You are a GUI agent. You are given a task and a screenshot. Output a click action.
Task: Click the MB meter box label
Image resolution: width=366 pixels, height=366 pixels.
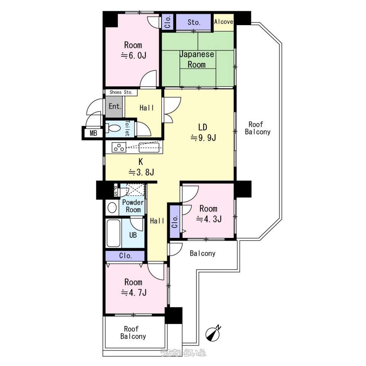click(x=93, y=133)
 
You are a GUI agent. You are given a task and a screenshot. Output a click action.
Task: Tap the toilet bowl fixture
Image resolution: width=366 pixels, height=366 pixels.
click(x=113, y=128)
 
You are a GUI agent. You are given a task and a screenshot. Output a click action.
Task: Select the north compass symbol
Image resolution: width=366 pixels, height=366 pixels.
click(x=213, y=334)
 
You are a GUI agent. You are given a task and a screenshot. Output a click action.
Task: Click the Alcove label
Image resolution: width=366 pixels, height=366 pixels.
click(x=224, y=22)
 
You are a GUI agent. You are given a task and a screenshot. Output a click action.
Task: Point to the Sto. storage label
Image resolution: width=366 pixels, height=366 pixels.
click(x=194, y=22)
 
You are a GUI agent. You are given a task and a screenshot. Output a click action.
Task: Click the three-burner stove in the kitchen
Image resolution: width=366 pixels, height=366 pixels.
click(x=119, y=148)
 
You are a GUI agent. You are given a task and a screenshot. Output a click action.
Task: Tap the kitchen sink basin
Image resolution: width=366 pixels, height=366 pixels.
click(x=149, y=148)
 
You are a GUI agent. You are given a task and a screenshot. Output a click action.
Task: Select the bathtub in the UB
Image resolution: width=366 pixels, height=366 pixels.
click(x=114, y=233)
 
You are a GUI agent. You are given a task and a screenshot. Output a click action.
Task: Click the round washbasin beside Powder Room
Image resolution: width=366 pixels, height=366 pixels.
click(x=112, y=208)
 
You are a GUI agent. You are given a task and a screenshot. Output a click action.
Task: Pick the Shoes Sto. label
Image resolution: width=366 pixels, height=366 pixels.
click(x=121, y=92)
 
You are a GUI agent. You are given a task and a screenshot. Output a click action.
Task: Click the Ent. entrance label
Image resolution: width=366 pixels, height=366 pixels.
click(x=115, y=106)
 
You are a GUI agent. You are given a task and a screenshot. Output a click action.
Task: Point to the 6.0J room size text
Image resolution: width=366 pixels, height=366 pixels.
click(x=133, y=56)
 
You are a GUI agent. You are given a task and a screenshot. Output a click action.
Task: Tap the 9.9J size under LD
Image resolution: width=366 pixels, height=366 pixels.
click(x=203, y=138)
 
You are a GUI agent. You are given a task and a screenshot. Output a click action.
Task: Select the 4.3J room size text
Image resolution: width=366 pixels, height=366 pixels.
click(x=209, y=219)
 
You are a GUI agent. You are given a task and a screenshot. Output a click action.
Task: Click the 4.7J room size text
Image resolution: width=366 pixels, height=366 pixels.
click(x=134, y=292)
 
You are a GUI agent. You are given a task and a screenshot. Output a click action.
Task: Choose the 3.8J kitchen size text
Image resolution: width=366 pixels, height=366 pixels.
click(x=141, y=172)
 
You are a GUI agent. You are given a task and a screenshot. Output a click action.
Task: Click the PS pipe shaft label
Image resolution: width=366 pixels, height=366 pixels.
click(x=116, y=191)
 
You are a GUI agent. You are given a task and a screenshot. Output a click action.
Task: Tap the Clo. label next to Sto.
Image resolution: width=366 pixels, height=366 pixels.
click(x=168, y=22)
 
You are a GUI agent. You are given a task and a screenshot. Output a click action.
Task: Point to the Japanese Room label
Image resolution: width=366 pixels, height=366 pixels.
click(x=197, y=59)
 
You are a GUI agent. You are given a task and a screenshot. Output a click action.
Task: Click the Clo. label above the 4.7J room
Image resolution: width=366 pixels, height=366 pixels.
click(x=125, y=255)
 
